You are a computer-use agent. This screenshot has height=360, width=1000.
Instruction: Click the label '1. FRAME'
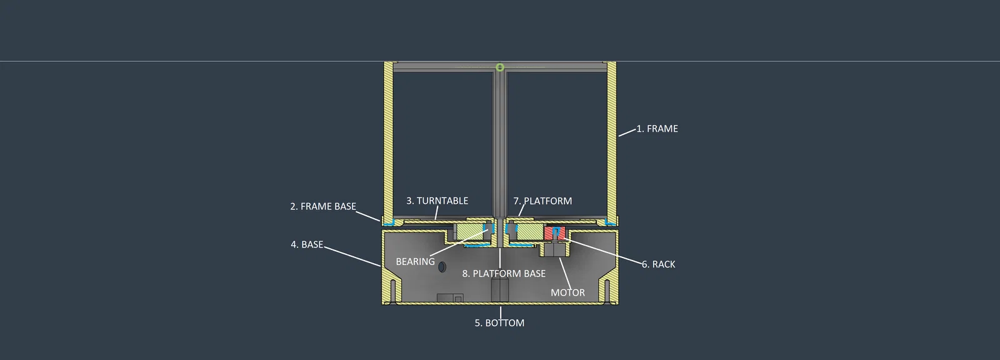click(x=657, y=129)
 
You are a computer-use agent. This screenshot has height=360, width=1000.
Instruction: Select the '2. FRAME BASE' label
click(x=323, y=206)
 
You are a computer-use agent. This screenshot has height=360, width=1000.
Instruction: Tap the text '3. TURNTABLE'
click(x=437, y=201)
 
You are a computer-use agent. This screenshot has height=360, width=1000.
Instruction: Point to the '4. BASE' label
click(x=307, y=244)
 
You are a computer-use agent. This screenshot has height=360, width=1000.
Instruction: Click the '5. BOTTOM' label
click(x=499, y=323)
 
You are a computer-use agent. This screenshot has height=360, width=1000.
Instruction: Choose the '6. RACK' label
click(x=659, y=264)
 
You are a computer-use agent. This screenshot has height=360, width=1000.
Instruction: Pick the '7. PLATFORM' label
click(x=542, y=201)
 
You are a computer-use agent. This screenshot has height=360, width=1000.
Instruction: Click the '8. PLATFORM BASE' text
click(x=504, y=273)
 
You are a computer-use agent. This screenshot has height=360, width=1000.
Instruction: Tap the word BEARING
click(x=415, y=262)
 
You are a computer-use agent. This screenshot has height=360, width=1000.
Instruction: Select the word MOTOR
click(x=567, y=292)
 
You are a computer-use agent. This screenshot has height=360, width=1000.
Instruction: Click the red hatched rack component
click(x=555, y=233)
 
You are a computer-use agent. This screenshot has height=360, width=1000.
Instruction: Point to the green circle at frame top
click(x=500, y=67)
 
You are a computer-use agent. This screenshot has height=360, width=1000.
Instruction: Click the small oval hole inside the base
click(x=442, y=267)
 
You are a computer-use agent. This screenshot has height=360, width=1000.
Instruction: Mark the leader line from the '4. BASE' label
click(x=352, y=256)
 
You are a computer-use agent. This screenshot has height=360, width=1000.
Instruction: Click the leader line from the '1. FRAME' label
click(x=627, y=132)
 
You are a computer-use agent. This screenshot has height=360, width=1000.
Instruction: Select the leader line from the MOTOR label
click(x=565, y=273)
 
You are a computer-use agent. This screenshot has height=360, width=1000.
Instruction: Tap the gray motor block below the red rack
click(x=554, y=249)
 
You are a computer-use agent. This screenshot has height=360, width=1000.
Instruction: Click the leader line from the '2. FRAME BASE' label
click(x=368, y=216)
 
